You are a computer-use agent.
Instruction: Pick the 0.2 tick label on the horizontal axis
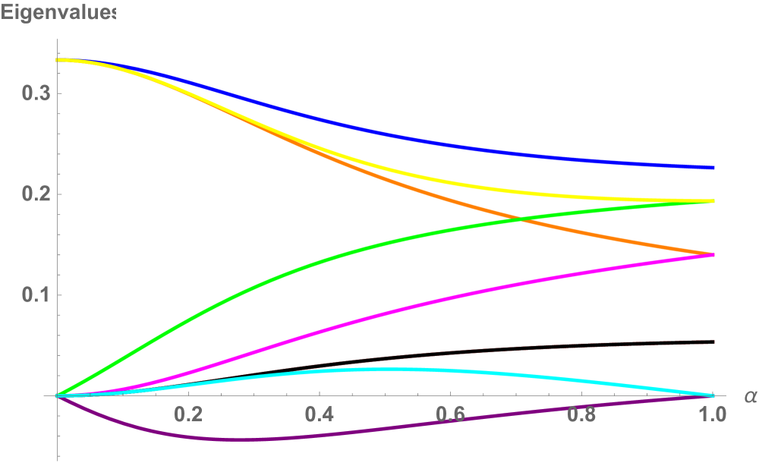188,414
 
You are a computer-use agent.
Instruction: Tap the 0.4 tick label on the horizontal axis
320,414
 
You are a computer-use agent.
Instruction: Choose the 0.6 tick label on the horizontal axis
451,414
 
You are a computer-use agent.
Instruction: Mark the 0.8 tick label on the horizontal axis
582,414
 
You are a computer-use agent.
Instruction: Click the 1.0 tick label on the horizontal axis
712,414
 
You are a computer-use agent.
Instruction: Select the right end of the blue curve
713,167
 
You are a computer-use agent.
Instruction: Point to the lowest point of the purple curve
220,439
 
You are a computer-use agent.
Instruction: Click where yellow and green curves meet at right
713,201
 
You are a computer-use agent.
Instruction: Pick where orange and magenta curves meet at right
713,254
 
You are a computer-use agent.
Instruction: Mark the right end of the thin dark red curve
713,342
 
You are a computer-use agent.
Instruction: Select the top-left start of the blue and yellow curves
58,60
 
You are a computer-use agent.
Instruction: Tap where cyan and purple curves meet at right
713,395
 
